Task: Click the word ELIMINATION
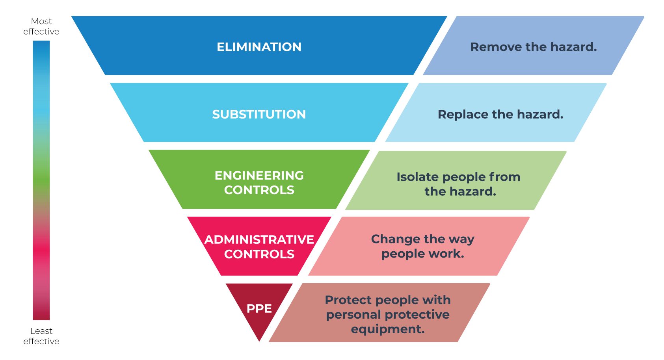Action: pyautogui.click(x=259, y=47)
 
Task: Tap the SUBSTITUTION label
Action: pyautogui.click(x=259, y=114)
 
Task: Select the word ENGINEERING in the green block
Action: pyautogui.click(x=259, y=175)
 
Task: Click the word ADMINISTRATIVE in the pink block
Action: pyautogui.click(x=259, y=239)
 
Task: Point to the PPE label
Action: pyautogui.click(x=259, y=308)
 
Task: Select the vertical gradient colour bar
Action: pyautogui.click(x=41, y=180)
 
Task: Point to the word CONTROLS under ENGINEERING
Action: pyautogui.click(x=259, y=190)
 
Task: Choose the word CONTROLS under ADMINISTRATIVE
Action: pyautogui.click(x=259, y=254)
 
